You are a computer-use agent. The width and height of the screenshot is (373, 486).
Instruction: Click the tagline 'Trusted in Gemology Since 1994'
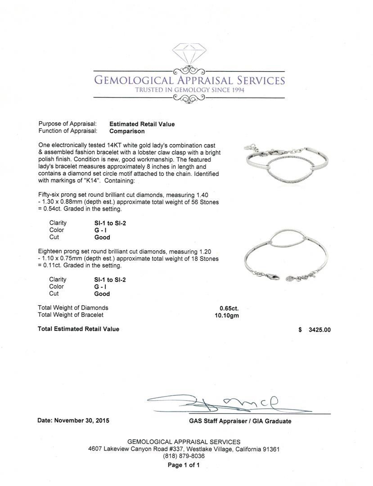click(189, 90)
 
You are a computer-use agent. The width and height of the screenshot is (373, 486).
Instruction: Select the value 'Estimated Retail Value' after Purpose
click(142, 124)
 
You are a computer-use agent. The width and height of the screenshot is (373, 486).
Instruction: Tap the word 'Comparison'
click(127, 131)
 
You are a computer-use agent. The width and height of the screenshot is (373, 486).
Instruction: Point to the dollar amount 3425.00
click(319, 330)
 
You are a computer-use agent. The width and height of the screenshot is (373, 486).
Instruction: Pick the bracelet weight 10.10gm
click(227, 315)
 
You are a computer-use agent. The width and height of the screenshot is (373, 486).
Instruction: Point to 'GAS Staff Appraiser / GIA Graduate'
click(240, 421)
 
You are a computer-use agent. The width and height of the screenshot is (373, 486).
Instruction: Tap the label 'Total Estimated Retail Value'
click(79, 329)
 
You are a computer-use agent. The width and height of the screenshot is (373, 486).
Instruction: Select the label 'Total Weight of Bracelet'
click(71, 315)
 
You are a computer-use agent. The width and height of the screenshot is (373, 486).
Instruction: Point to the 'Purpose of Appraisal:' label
click(67, 124)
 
